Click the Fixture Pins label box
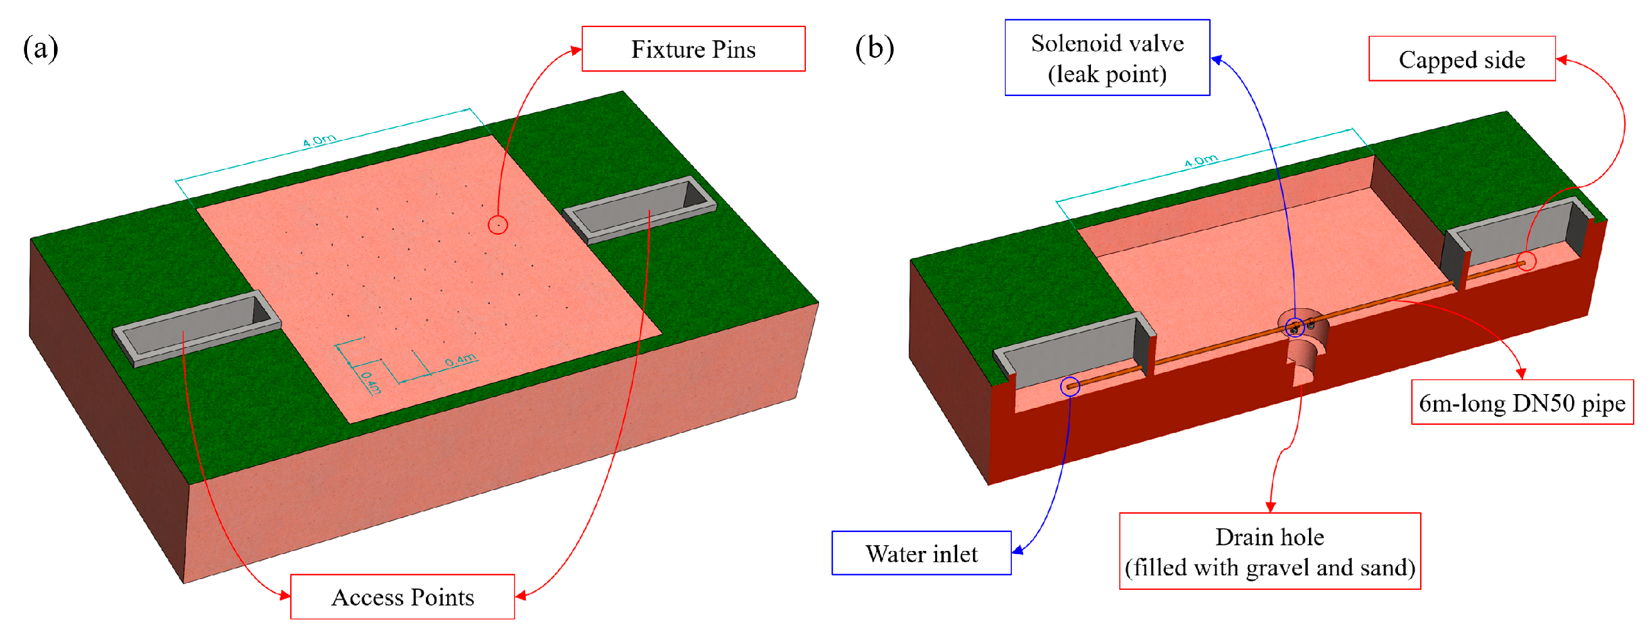693,49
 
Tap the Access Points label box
402,597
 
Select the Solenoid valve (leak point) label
1107,58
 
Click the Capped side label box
1462,59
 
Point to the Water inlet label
921,553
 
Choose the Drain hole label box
1269,551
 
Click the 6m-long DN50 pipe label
1522,403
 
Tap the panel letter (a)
40,48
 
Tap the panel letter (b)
874,48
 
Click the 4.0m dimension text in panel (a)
319,140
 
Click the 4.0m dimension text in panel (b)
1201,160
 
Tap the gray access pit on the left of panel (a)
197,328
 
